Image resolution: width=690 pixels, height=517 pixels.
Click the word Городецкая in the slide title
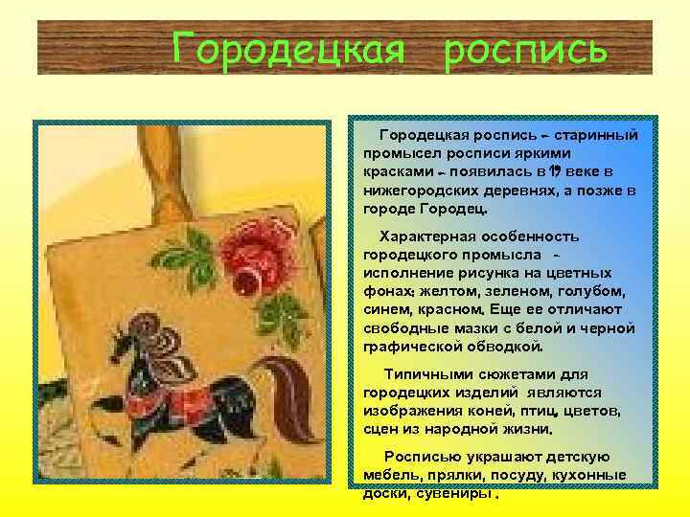288,48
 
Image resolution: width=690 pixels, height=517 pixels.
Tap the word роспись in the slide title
525,48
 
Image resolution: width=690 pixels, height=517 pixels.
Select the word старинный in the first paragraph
595,137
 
